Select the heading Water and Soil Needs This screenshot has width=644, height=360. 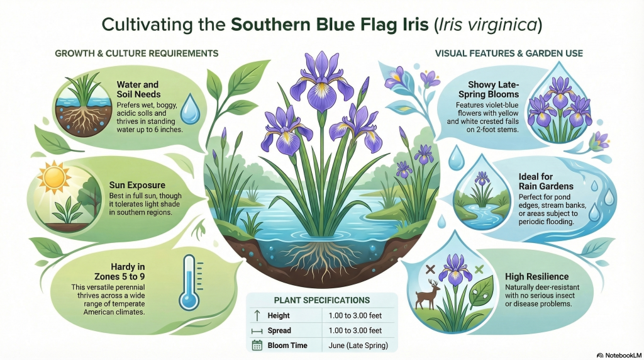point(138,89)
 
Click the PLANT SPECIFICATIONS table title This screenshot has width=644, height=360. point(321,300)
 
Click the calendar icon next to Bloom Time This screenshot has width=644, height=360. point(257,345)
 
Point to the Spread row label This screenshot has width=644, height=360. point(279,330)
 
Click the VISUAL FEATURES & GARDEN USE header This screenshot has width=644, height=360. point(509,53)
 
